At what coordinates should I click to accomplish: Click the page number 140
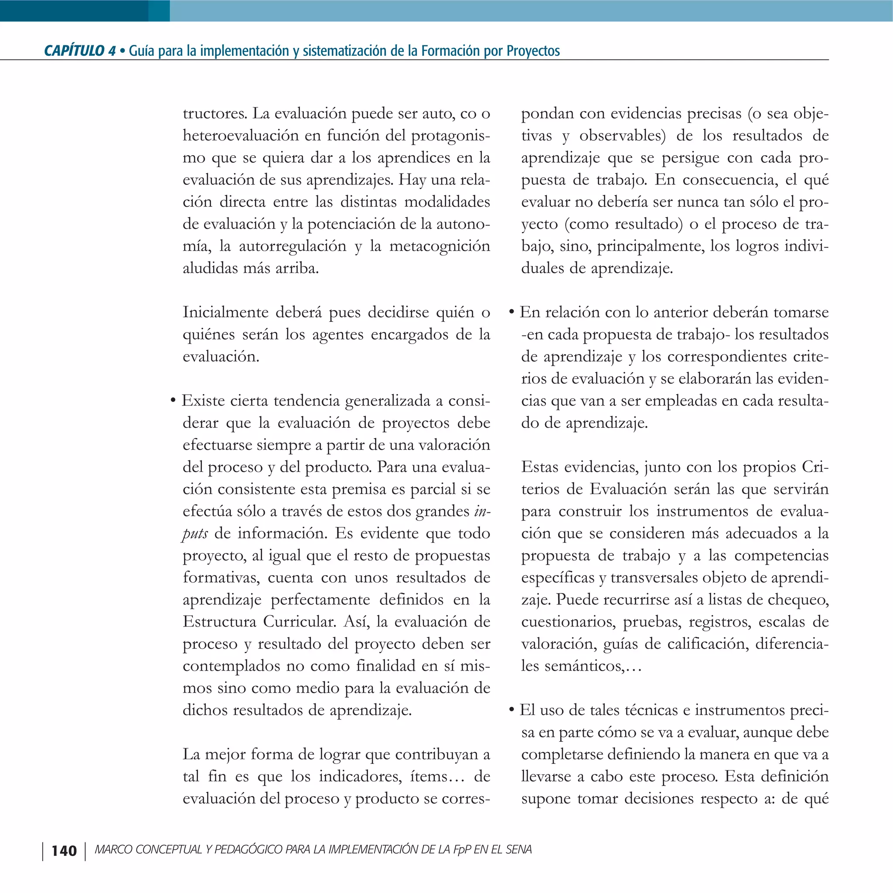point(64,851)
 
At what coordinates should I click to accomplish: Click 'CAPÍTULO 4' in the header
point(79,51)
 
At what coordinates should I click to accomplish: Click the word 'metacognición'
point(440,246)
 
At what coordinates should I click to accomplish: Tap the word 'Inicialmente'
point(225,313)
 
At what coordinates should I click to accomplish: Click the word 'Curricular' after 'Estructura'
point(299,622)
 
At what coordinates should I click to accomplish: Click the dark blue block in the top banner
point(74,10)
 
